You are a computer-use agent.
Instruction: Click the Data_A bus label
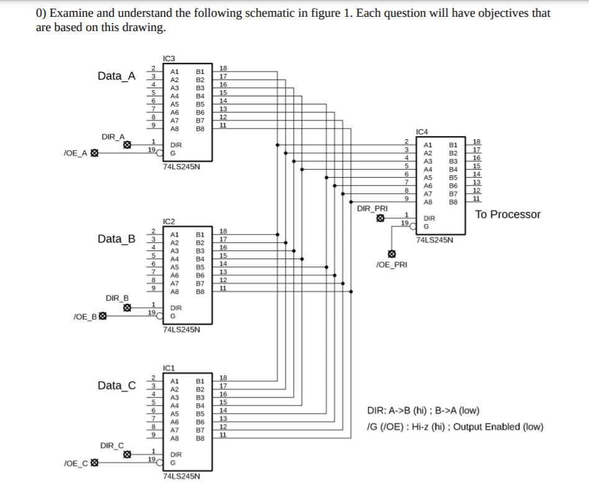tap(116, 76)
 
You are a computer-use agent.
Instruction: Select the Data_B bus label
tap(116, 239)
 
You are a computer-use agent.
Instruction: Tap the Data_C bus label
tap(116, 386)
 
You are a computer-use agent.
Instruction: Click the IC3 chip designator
tap(169, 59)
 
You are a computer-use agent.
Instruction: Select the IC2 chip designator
tap(169, 222)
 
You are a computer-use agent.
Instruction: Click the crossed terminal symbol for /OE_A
tap(94, 153)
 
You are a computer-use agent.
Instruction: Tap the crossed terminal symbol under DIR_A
tap(127, 145)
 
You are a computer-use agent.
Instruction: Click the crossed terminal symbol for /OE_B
tap(103, 316)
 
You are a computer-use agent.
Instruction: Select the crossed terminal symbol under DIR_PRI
tap(380, 218)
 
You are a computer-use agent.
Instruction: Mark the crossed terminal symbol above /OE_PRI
tap(391, 254)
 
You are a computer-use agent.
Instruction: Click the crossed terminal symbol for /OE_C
tap(94, 463)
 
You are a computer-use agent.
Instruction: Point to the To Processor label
tap(508, 215)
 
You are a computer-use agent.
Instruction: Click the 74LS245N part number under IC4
tap(434, 239)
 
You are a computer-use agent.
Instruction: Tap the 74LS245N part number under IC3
tap(181, 167)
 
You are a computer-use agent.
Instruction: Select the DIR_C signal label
tap(112, 445)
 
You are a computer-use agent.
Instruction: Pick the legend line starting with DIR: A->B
tap(423, 411)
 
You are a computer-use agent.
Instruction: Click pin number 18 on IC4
tap(477, 142)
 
